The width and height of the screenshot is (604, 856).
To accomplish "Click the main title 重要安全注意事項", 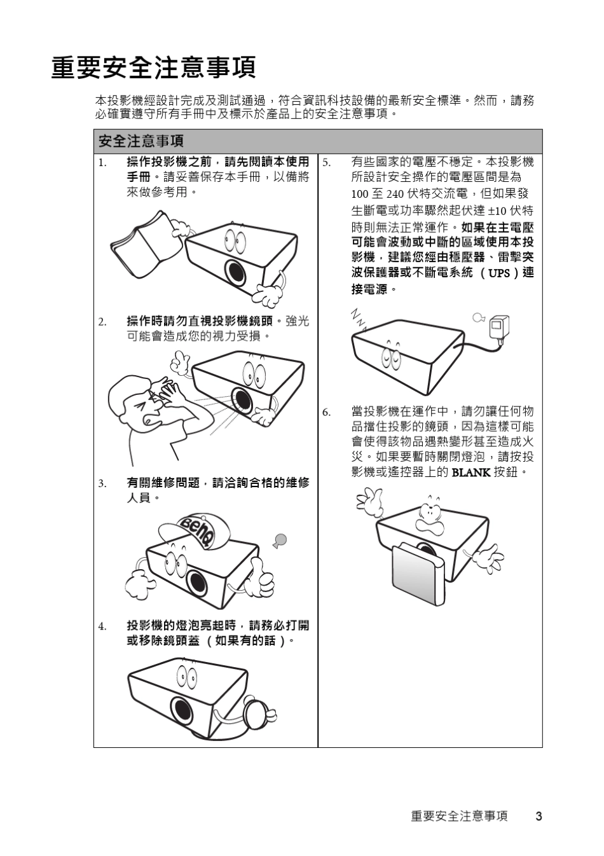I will (153, 67).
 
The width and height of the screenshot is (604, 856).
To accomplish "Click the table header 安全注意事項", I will (141, 141).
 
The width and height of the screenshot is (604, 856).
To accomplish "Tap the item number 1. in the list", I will (102, 162).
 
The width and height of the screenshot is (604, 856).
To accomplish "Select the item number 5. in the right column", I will (326, 162).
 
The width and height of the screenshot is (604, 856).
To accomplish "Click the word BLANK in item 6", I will (470, 472).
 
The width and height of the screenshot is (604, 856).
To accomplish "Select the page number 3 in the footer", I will (539, 816).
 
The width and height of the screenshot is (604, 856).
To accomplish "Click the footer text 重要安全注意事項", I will (459, 816).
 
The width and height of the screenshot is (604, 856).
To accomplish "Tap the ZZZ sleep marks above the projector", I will (359, 319).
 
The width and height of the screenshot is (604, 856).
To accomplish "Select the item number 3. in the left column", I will (102, 483).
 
